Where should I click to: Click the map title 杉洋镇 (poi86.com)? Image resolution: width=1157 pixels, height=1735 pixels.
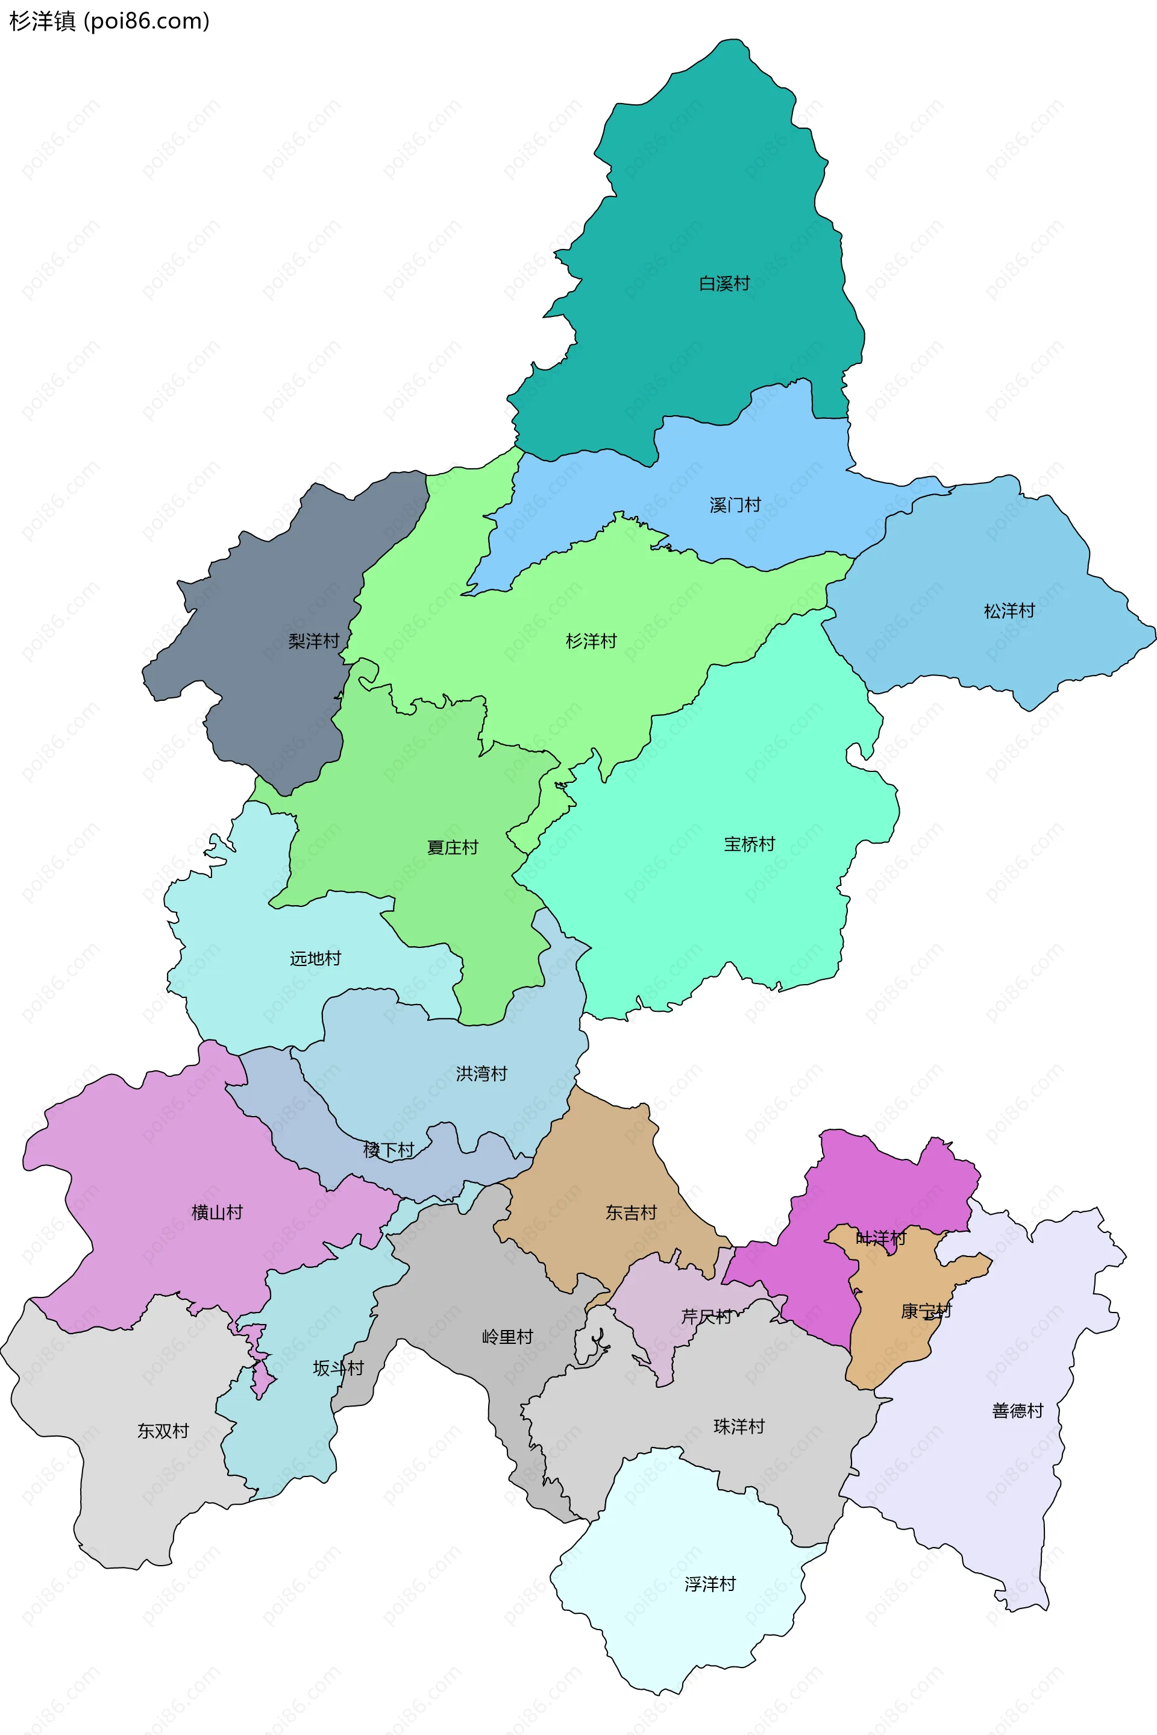point(109,22)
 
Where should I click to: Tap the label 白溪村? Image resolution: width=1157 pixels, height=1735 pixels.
point(724,283)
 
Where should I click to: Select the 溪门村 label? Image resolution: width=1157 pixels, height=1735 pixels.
point(735,505)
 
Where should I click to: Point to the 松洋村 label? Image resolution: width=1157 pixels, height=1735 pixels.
point(1009,611)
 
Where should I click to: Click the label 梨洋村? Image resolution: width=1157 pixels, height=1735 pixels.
point(313,641)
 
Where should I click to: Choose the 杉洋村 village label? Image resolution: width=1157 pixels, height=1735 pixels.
point(591,641)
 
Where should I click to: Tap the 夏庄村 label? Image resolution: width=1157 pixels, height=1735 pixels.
point(453,847)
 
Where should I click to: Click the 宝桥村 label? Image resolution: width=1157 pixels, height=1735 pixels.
point(749,844)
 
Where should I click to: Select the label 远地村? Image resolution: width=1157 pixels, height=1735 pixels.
point(315,958)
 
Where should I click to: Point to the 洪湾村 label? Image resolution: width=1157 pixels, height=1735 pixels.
point(481,1073)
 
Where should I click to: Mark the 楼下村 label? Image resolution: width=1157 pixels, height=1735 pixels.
point(388,1149)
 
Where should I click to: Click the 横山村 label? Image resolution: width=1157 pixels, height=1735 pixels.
point(217,1212)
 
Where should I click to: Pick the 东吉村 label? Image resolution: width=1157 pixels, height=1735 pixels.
point(631,1212)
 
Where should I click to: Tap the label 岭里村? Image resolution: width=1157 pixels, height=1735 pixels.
point(507,1337)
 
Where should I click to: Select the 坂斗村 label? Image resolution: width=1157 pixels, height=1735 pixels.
point(338,1367)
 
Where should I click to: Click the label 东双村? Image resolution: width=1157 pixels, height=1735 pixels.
point(163,1431)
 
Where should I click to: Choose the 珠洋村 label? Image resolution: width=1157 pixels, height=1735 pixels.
point(739,1426)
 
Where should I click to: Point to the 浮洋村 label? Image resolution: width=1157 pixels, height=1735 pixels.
point(710,1584)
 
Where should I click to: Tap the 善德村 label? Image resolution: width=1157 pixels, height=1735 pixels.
point(1018,1410)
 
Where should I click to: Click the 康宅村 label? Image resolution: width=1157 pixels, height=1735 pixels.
point(926,1311)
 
